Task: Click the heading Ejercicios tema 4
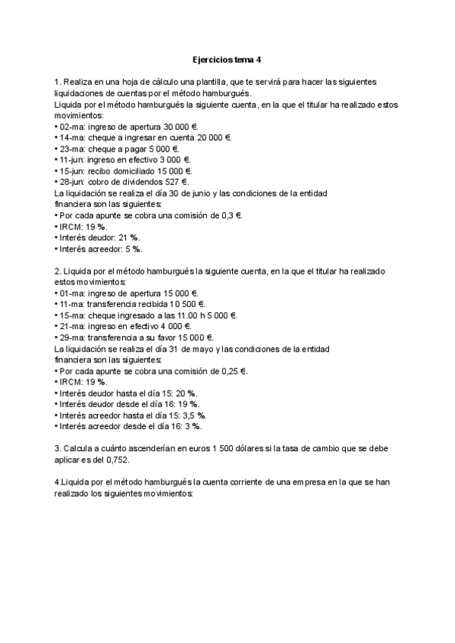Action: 228,59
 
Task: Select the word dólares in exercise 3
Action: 227,449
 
